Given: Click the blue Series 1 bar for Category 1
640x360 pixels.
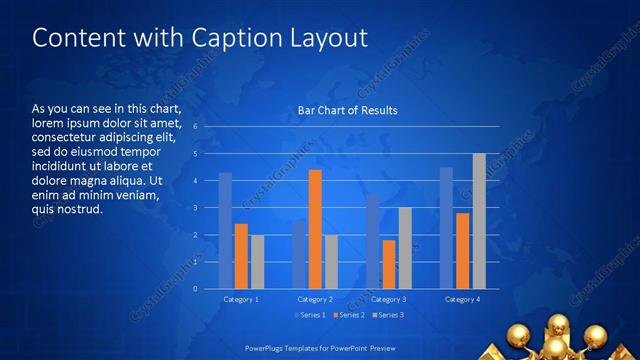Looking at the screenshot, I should click(x=225, y=231).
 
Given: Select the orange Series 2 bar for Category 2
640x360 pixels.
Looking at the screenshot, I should click(x=315, y=229).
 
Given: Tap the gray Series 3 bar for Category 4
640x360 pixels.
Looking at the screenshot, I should click(x=479, y=221).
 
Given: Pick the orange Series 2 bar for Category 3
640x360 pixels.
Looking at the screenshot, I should click(x=388, y=264).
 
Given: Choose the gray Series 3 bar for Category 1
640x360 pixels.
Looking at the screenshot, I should click(x=257, y=262).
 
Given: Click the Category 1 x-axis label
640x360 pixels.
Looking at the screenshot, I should click(x=241, y=299).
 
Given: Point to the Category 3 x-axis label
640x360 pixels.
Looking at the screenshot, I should click(x=389, y=299).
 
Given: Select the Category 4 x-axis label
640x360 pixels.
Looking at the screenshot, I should click(x=462, y=299).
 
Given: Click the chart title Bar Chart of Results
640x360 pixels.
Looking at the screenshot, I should click(x=348, y=110).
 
